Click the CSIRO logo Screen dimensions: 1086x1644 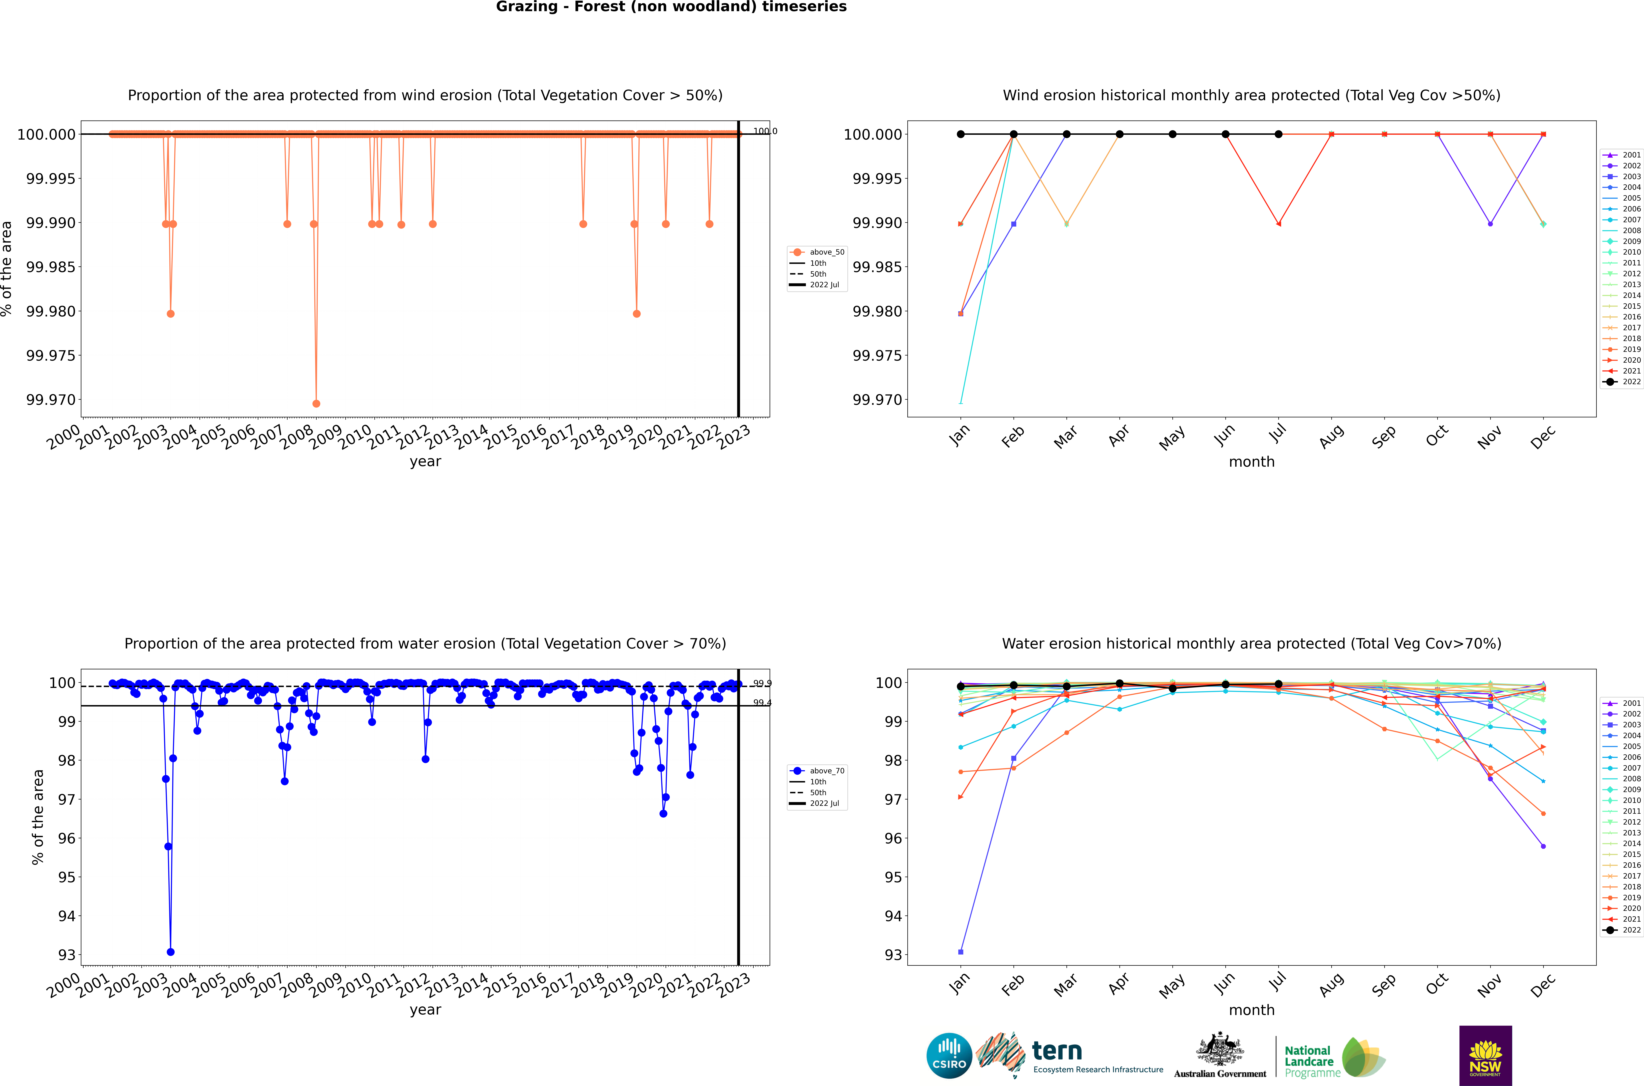pyautogui.click(x=949, y=1056)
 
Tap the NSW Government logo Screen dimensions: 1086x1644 pyautogui.click(x=1485, y=1056)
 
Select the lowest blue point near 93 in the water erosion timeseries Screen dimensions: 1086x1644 pyautogui.click(x=170, y=952)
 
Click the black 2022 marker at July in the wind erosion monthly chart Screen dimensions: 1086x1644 pyautogui.click(x=1278, y=134)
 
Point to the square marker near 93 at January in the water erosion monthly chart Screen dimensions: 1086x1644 pyautogui.click(x=960, y=952)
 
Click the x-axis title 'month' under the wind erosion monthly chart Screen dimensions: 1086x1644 pyautogui.click(x=1251, y=462)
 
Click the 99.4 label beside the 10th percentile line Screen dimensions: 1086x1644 pyautogui.click(x=762, y=703)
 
